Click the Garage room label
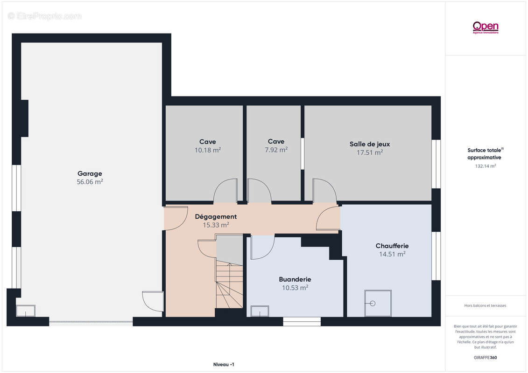click(90, 173)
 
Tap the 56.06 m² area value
click(90, 182)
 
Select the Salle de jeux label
click(369, 144)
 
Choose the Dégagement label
click(216, 217)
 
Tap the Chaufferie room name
click(392, 246)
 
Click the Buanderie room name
click(295, 279)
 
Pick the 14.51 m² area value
click(392, 254)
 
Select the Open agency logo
click(485, 27)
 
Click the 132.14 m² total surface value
click(485, 166)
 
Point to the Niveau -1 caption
click(224, 365)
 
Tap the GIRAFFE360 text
click(485, 358)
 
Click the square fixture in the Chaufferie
click(378, 303)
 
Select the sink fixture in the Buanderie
click(260, 311)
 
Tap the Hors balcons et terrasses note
click(485, 306)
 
